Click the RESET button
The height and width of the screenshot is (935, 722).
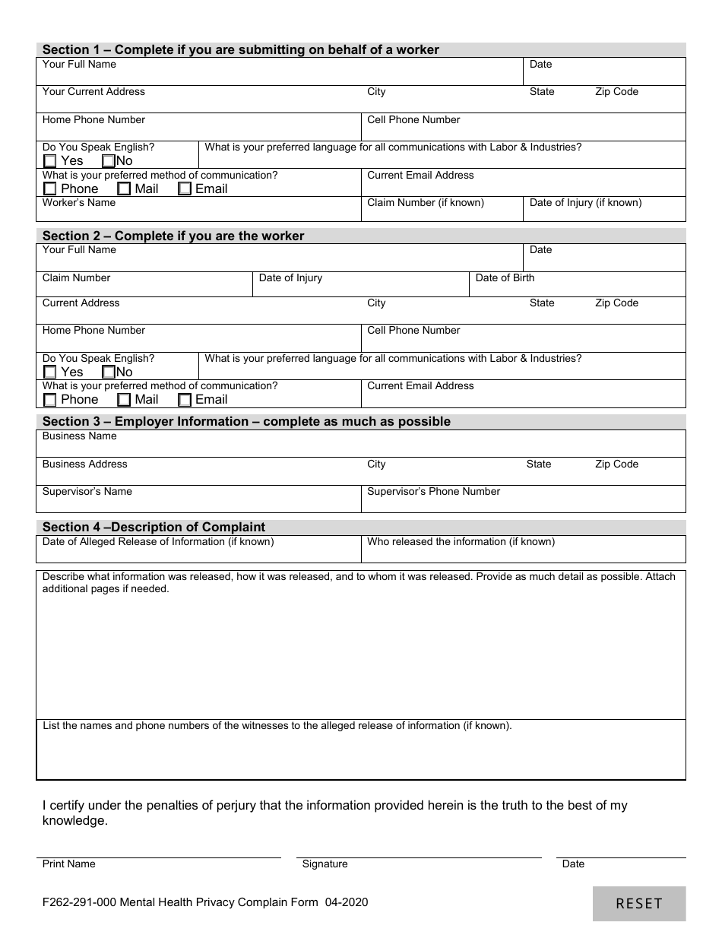tap(638, 903)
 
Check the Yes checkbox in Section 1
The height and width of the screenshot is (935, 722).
tap(50, 161)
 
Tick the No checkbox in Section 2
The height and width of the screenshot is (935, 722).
tap(109, 372)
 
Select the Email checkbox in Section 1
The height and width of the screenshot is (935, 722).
tap(185, 189)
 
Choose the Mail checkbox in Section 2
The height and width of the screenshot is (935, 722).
tap(124, 400)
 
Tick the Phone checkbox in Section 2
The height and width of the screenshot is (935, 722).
tap(50, 400)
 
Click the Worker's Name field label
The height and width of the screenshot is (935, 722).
tap(79, 203)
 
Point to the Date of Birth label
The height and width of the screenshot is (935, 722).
tap(505, 278)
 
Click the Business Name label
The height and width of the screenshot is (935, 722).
tap(80, 436)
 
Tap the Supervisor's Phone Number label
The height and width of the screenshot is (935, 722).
tap(433, 492)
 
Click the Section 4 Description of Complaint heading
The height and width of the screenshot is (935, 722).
tap(154, 527)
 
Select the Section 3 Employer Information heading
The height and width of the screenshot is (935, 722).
tap(246, 421)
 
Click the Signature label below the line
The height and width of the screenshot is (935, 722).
tap(325, 864)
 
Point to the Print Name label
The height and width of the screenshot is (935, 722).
tap(69, 864)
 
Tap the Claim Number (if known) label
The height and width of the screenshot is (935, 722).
tap(426, 203)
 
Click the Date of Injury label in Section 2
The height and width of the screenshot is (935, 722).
tap(290, 278)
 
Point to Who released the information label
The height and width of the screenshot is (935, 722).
tap(461, 542)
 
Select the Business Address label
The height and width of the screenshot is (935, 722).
tap(85, 464)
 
